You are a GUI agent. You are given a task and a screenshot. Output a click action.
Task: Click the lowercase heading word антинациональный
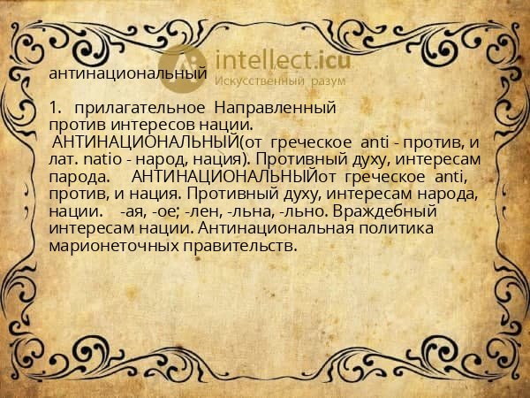pos(128,74)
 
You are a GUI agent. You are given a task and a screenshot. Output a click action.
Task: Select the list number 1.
pos(56,108)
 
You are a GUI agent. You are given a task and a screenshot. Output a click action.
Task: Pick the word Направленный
pos(275,108)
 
